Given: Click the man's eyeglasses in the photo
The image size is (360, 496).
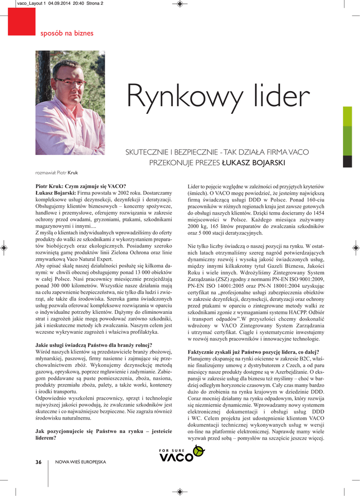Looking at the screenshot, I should (70, 82).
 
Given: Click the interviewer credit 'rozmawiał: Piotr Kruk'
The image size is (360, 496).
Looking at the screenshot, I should (57, 172).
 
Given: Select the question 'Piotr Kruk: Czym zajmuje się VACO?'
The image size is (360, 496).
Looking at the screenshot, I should (81, 186).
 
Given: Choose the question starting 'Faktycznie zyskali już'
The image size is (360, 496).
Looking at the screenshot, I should (253, 351).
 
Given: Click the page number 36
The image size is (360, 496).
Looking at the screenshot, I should (38, 462).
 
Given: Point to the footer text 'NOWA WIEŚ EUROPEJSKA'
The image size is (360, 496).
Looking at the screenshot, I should (80, 462).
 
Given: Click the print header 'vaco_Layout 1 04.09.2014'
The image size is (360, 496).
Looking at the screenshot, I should (54, 4).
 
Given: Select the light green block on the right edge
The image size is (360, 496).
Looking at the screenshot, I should (347, 116).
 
